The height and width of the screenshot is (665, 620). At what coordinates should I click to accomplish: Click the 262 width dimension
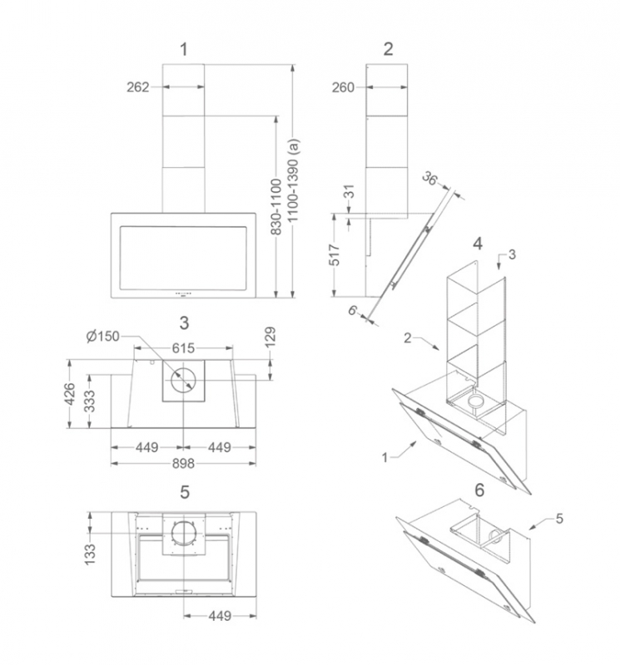pyautogui.click(x=138, y=87)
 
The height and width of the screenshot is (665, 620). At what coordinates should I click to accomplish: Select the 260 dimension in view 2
pyautogui.click(x=343, y=87)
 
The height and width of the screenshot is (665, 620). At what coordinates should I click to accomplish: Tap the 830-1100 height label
pyautogui.click(x=276, y=207)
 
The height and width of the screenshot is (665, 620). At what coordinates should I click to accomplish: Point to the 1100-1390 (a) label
pyautogui.click(x=293, y=180)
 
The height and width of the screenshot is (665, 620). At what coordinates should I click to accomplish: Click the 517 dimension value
pyautogui.click(x=335, y=255)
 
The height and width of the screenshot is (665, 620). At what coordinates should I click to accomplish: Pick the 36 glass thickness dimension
pyautogui.click(x=429, y=179)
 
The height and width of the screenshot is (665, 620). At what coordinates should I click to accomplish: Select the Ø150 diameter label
pyautogui.click(x=102, y=337)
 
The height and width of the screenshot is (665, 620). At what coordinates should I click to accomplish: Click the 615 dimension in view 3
pyautogui.click(x=183, y=348)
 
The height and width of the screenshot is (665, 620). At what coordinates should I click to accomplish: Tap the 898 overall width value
pyautogui.click(x=183, y=464)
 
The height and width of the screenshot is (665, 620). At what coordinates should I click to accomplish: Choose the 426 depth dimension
pyautogui.click(x=69, y=394)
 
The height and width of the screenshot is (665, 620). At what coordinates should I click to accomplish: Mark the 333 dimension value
pyautogui.click(x=89, y=401)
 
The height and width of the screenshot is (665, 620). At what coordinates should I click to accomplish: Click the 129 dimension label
pyautogui.click(x=270, y=337)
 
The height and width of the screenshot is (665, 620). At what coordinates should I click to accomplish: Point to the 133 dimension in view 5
pyautogui.click(x=90, y=554)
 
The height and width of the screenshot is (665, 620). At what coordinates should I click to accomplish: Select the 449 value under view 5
pyautogui.click(x=220, y=615)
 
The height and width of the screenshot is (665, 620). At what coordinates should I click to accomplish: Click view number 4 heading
pyautogui.click(x=478, y=244)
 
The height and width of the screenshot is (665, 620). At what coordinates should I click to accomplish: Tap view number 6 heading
pyautogui.click(x=479, y=490)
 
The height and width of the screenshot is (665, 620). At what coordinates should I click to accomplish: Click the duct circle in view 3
pyautogui.click(x=183, y=380)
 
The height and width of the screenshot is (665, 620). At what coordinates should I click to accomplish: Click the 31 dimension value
pyautogui.click(x=349, y=191)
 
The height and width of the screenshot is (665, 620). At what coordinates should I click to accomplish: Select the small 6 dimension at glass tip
pyautogui.click(x=353, y=310)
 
